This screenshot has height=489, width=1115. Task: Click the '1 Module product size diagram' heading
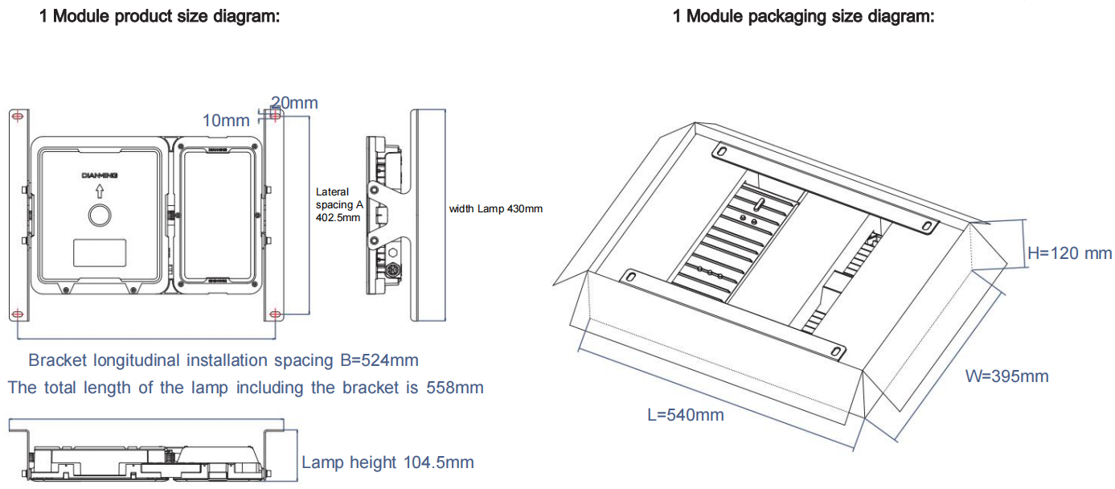[159, 15]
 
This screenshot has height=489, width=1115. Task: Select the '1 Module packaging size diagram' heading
[803, 15]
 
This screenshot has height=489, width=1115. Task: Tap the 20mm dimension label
[294, 103]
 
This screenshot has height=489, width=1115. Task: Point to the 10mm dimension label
[226, 121]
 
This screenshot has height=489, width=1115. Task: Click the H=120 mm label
[1070, 253]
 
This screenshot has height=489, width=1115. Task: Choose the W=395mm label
[1007, 376]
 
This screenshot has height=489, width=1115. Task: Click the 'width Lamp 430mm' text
[495, 209]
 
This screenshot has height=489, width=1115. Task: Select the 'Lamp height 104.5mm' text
[387, 462]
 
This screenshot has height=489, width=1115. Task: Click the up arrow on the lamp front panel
[99, 191]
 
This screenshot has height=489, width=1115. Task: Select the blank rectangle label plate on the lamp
[100, 253]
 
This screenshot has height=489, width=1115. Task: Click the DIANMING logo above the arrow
[99, 175]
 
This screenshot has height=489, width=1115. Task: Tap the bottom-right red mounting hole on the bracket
[275, 313]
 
